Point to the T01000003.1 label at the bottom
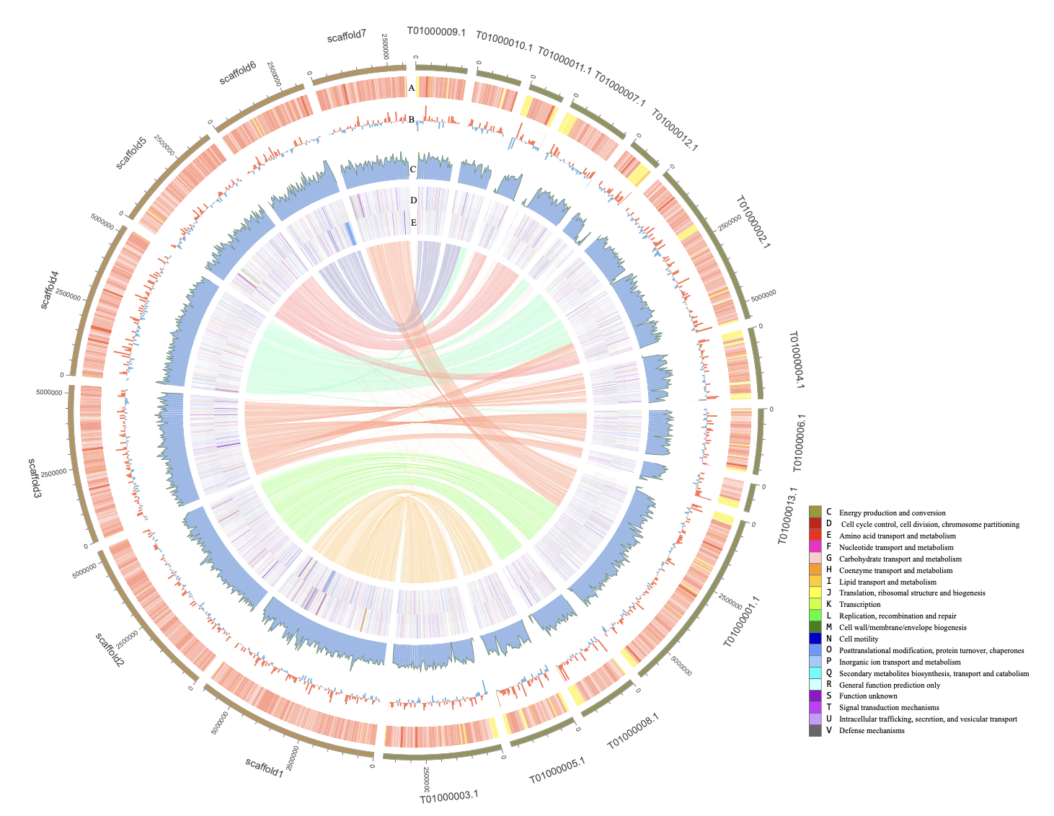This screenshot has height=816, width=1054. (449, 796)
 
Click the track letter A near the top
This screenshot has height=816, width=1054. (412, 88)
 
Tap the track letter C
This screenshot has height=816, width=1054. (412, 170)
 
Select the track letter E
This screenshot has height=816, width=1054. (413, 223)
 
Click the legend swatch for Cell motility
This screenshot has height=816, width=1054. (815, 639)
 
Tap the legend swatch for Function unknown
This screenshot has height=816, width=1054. (815, 696)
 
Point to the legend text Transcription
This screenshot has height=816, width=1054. (859, 605)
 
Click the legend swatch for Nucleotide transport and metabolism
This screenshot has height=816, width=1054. (815, 547)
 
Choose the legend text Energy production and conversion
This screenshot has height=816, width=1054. (893, 513)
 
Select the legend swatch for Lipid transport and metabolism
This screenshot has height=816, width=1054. (815, 582)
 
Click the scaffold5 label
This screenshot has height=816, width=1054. (132, 152)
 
